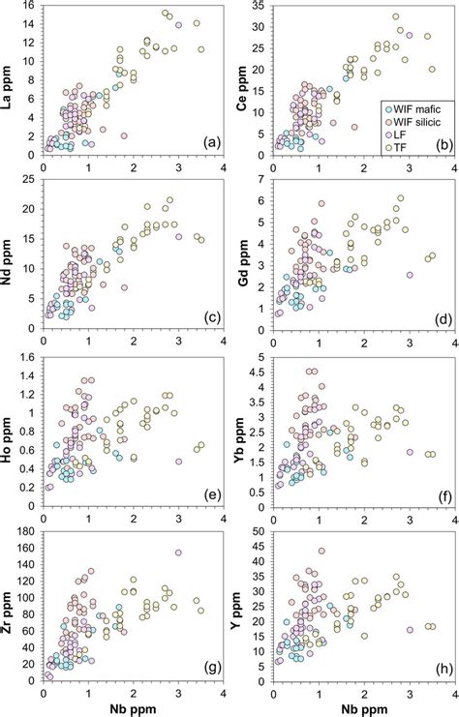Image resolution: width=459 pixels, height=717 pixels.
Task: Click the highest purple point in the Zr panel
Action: [178, 553]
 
